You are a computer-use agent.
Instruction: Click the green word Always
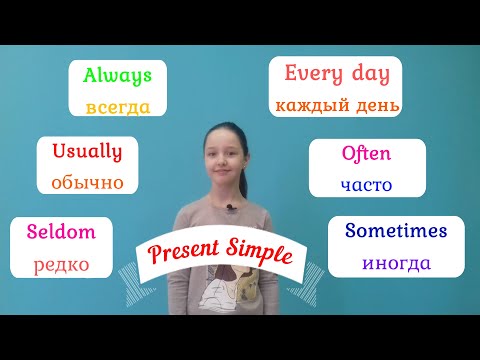[116, 75]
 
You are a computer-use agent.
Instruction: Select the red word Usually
[86, 152]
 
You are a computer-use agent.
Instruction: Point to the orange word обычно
[86, 182]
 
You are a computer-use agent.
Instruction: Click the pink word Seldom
[62, 232]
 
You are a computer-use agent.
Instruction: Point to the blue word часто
[366, 184]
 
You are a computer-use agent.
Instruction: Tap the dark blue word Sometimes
[396, 231]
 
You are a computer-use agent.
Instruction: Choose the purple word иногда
[397, 263]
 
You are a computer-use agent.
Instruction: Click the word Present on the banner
[183, 252]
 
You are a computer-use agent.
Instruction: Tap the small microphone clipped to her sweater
[229, 208]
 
